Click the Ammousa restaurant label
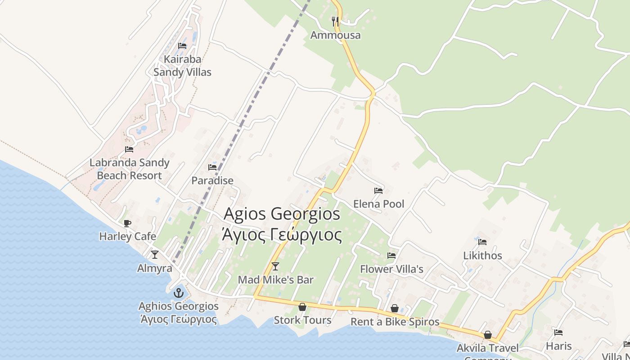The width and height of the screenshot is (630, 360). [x=335, y=35]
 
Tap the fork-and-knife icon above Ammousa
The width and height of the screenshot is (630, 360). [x=335, y=21]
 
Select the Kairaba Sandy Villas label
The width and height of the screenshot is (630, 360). [x=182, y=66]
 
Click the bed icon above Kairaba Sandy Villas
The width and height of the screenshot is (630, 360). [x=182, y=45]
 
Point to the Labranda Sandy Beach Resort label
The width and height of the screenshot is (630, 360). [x=130, y=169]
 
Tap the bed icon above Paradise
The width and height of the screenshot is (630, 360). [x=212, y=167]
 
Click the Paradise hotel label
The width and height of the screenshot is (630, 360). [x=212, y=180]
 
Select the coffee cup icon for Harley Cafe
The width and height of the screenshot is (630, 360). [x=127, y=223]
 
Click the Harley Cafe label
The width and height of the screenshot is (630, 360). [x=128, y=236]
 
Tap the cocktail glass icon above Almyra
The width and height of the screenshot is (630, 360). [x=155, y=255]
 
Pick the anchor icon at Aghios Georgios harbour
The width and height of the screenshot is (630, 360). [x=179, y=293]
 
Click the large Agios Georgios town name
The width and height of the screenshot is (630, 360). [x=282, y=213]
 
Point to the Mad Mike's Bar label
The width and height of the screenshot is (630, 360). [x=275, y=280]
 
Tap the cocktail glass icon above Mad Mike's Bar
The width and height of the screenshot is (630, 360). [x=275, y=266]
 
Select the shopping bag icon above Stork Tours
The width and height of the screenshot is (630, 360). [x=302, y=307]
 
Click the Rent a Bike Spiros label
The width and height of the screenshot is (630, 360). [x=395, y=322]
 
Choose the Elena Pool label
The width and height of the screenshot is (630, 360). [x=378, y=204]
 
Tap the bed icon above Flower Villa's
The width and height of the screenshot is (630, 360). [x=391, y=256]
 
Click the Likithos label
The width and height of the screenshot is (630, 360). [x=482, y=256]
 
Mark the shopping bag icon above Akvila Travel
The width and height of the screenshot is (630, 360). [x=488, y=335]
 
